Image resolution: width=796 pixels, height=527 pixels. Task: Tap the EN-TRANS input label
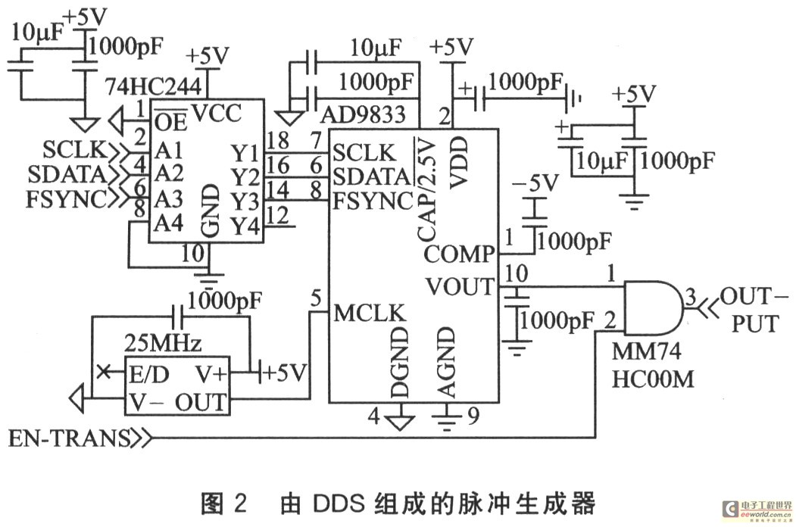pos(68,438)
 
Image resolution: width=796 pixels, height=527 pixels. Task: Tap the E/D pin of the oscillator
pos(148,375)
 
